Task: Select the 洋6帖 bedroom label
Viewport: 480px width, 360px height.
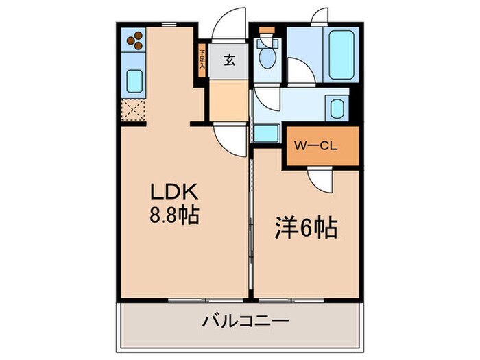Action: (307, 228)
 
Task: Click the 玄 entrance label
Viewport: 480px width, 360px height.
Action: (229, 60)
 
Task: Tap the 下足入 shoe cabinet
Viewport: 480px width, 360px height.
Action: (202, 58)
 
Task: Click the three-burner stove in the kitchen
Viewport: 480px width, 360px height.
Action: (135, 41)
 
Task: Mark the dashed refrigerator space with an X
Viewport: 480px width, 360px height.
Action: (134, 110)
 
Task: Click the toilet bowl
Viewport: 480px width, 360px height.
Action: (266, 57)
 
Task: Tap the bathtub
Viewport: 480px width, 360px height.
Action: (342, 55)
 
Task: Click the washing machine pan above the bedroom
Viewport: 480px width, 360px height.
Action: (267, 134)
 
